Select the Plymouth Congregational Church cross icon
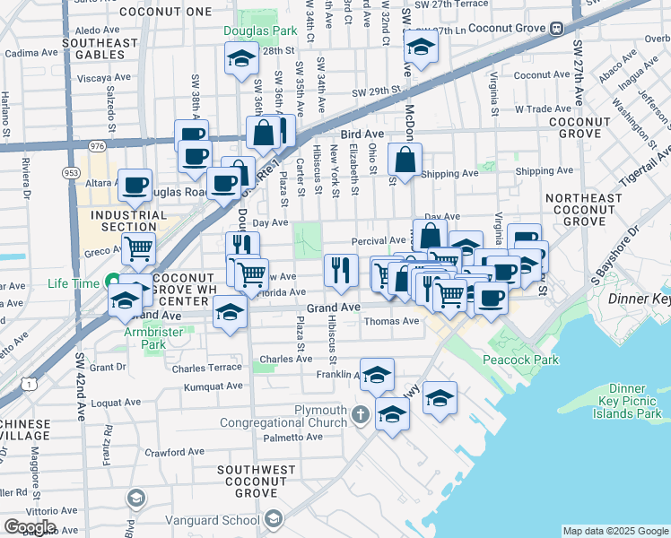click(361, 413)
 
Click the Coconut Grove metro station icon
click(556, 27)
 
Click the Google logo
click(30, 526)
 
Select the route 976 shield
click(97, 144)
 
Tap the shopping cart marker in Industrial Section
click(138, 248)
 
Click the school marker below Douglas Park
click(240, 60)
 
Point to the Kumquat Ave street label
click(213, 386)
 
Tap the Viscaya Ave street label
click(104, 78)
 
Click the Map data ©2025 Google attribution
click(615, 531)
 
